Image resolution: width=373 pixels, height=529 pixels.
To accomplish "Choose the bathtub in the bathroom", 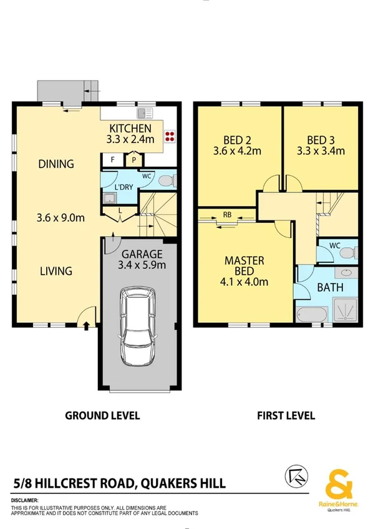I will click(x=310, y=315).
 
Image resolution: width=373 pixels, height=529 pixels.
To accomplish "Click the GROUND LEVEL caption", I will click(x=103, y=415).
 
